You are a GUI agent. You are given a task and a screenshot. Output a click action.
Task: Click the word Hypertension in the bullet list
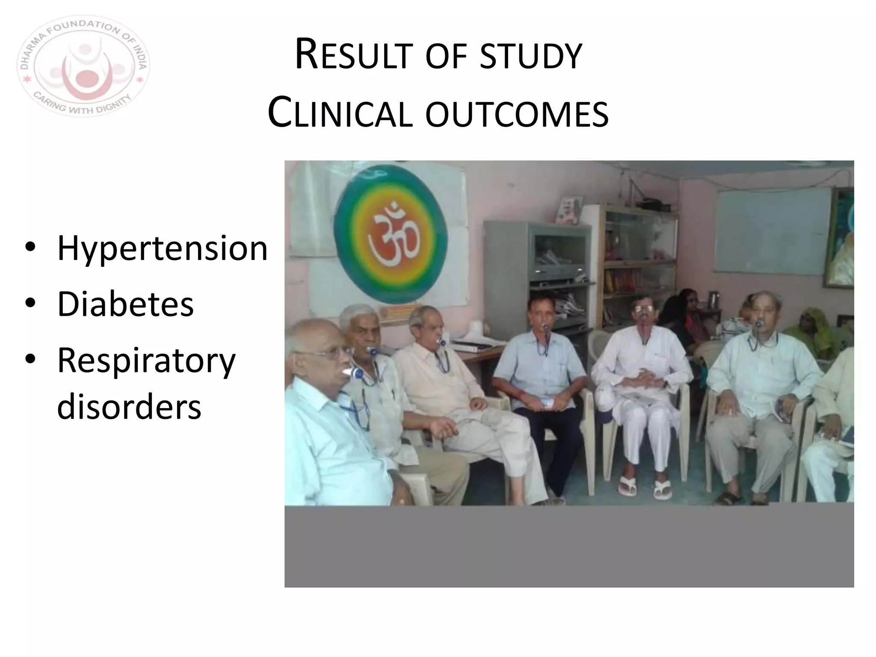[162, 249]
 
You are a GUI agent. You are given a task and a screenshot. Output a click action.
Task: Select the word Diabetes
[125, 304]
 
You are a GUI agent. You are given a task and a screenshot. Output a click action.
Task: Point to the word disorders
[129, 407]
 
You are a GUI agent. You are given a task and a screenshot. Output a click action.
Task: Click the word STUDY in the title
[530, 57]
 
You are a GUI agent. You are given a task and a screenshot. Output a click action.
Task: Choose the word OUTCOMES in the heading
[517, 114]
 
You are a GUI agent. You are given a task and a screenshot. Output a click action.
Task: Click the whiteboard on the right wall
[772, 231]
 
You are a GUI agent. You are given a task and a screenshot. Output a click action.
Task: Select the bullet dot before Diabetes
[30, 303]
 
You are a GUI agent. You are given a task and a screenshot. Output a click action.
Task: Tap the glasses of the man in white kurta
[643, 308]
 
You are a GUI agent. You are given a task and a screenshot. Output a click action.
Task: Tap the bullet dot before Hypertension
[30, 248]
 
